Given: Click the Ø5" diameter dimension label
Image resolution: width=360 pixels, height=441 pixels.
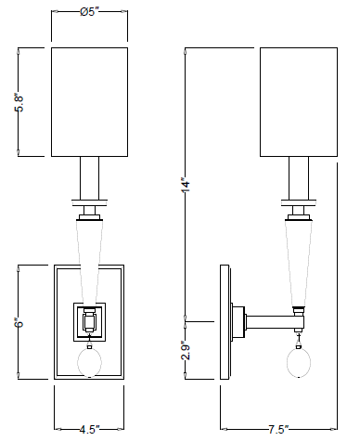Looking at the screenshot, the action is point(89,12).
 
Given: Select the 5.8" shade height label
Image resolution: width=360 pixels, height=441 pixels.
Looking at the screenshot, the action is point(19,103).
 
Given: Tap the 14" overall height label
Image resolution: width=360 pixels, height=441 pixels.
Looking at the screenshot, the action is point(186,185).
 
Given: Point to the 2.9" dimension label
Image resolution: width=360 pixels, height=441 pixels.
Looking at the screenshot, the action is point(186,350).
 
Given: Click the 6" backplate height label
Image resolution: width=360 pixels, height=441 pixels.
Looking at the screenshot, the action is point(19,322).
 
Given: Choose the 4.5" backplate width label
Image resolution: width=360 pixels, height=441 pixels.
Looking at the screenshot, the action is point(89,430).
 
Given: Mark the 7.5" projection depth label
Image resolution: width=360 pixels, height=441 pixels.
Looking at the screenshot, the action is point(278,430).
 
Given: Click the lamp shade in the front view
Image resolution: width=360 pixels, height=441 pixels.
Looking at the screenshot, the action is point(89,102).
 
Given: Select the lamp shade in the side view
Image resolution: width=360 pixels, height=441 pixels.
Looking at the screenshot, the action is point(299,102).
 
